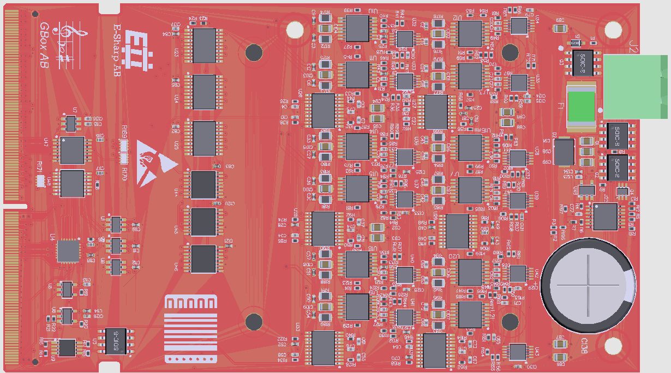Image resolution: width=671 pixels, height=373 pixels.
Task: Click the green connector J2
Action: (636, 87)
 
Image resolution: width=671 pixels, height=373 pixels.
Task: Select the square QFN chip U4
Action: (68, 251)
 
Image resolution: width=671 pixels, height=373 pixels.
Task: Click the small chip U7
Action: (71, 124)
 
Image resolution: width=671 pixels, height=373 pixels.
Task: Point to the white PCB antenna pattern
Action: (190, 329)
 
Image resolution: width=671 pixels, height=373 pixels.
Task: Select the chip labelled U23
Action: (205, 45)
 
